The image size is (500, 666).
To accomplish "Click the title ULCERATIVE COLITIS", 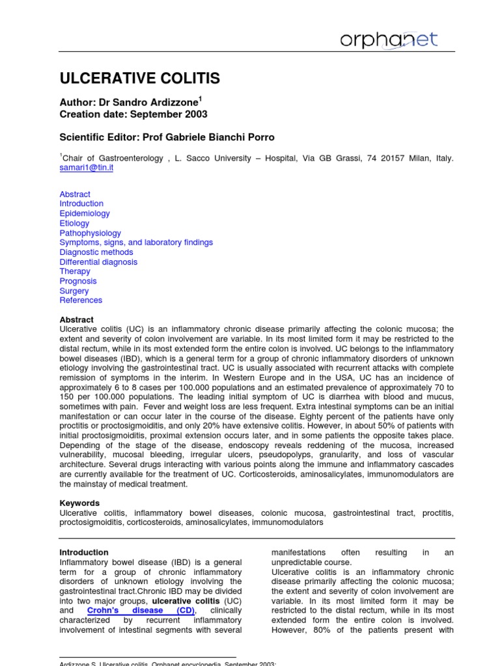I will coord(140,79).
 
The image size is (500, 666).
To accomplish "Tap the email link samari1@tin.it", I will coord(87,168).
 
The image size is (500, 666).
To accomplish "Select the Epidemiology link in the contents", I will coord(85,213).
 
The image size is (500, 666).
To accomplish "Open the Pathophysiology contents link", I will coord(90,233).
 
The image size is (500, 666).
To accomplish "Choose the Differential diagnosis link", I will coord(98,262).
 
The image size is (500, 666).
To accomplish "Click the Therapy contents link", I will coord(75,271).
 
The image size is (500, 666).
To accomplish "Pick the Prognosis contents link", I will coord(78,281).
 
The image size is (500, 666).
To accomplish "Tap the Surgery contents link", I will coord(74,291).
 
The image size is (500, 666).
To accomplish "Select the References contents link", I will coord(81,300).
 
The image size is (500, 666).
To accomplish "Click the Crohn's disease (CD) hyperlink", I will coord(140,611).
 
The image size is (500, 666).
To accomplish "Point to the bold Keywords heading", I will coord(79,503).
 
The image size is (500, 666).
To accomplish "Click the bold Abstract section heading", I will coord(76,320).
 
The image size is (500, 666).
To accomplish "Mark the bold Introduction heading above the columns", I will coord(84,552).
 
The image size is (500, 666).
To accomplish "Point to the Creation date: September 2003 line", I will coord(133,114).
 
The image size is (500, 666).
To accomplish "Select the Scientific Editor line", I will coord(167,137).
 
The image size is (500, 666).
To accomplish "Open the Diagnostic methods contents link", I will coord(96,252).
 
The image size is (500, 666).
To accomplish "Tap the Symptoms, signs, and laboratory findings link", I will coord(136,243).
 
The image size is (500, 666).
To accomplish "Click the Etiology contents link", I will coord(74,223).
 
